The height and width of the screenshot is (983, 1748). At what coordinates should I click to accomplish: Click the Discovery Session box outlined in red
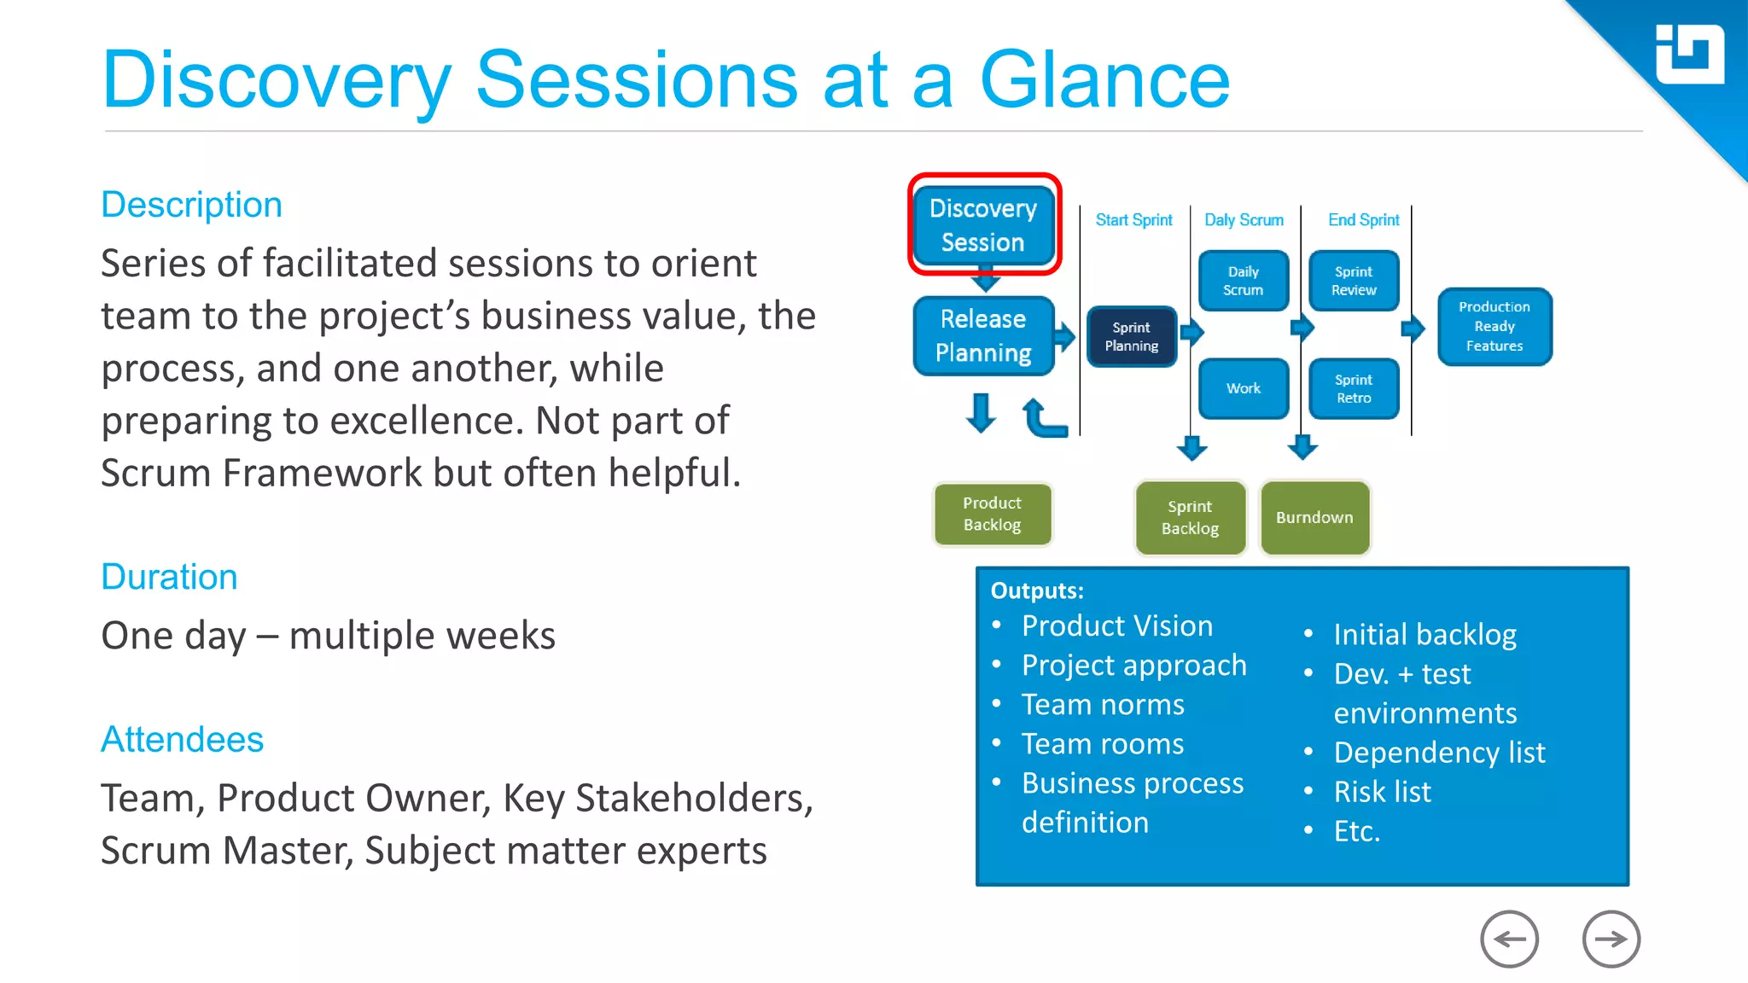pyautogui.click(x=983, y=225)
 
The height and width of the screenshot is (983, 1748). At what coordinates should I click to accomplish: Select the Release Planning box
pyautogui.click(x=983, y=335)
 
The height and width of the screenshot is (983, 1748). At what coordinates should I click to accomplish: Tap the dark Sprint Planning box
pyautogui.click(x=1131, y=336)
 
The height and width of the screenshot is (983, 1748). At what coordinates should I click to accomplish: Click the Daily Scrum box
pyautogui.click(x=1243, y=281)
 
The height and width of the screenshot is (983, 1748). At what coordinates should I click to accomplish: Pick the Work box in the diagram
pyautogui.click(x=1243, y=388)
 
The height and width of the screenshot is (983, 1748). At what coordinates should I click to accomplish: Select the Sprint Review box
pyautogui.click(x=1354, y=281)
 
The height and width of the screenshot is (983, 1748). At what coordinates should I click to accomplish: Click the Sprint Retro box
pyautogui.click(x=1354, y=388)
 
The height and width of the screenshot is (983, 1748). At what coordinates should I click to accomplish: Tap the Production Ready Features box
pyautogui.click(x=1494, y=326)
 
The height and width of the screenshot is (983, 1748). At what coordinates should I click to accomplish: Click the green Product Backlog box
pyautogui.click(x=992, y=514)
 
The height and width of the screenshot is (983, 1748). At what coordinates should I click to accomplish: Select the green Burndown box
pyautogui.click(x=1314, y=517)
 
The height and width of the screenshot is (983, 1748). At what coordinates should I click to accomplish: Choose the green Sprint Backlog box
pyautogui.click(x=1190, y=517)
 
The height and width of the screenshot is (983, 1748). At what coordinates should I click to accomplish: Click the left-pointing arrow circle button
pyautogui.click(x=1509, y=939)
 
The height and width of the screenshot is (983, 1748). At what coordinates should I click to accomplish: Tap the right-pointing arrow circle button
pyautogui.click(x=1611, y=939)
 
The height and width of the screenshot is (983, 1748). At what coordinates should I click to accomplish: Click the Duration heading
pyautogui.click(x=169, y=577)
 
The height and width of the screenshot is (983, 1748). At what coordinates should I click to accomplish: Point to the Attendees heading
pyautogui.click(x=182, y=739)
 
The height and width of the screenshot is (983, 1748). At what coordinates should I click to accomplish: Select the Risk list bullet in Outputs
pyautogui.click(x=1382, y=792)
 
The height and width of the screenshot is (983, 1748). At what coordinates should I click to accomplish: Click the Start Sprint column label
pyautogui.click(x=1133, y=220)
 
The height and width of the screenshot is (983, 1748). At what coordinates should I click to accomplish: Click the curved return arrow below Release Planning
pyautogui.click(x=1043, y=418)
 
